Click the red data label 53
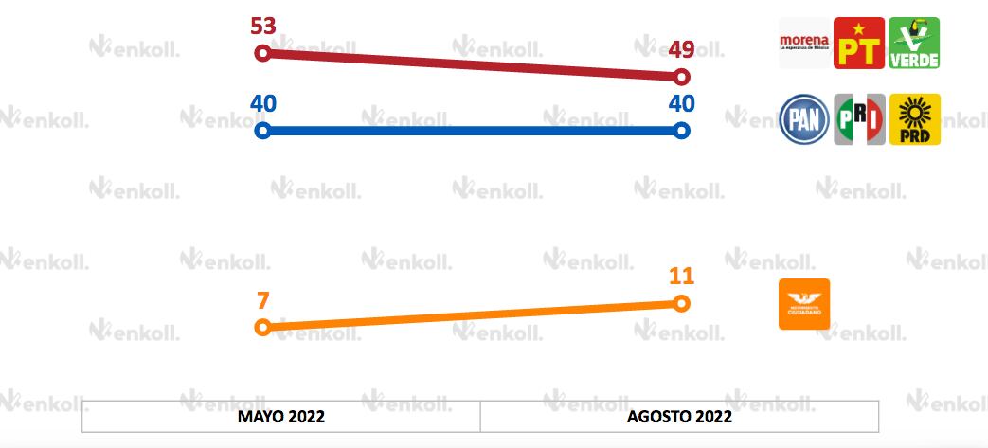263,26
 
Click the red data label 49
681,48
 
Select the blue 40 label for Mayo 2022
263,103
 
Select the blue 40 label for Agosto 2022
681,103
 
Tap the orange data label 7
263,299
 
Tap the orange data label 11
681,277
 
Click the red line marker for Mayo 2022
263,53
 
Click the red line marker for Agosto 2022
681,76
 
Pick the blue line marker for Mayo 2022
263,131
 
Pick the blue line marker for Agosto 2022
681,131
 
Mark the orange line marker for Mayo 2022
263,327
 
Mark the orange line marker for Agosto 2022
681,303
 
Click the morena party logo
803,43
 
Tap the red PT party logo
859,43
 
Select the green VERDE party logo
914,43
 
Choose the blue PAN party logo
803,119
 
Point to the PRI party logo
859,119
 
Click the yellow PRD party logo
914,119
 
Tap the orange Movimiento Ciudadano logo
803,304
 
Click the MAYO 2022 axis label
281,417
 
